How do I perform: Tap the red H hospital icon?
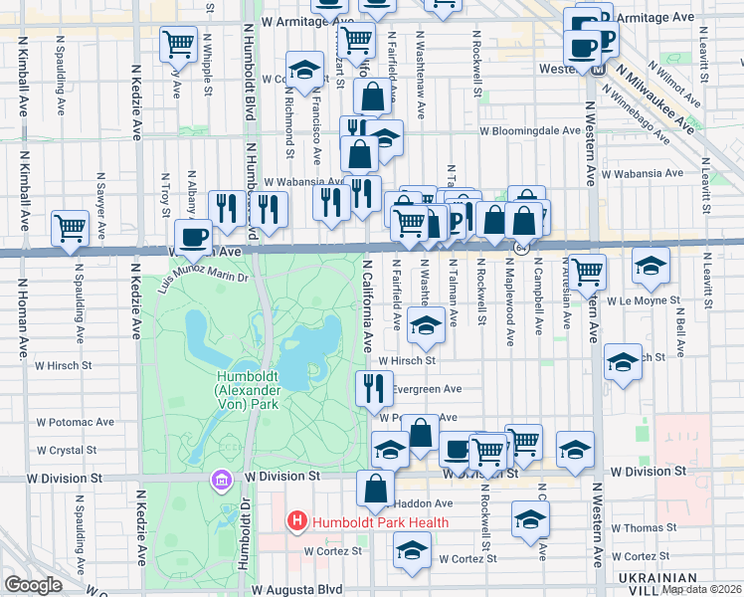click(296, 521)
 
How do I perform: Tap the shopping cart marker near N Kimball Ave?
click(71, 227)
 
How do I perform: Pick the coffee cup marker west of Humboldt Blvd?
click(193, 237)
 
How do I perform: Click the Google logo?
click(34, 585)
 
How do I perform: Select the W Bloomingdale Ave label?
click(529, 130)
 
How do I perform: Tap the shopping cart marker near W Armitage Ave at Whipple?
click(179, 43)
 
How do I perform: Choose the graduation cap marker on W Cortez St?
click(412, 548)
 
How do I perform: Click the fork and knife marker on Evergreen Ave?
click(375, 387)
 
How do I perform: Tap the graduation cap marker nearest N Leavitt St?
click(651, 265)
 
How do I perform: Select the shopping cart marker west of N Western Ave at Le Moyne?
click(588, 269)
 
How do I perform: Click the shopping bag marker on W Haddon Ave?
click(375, 488)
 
